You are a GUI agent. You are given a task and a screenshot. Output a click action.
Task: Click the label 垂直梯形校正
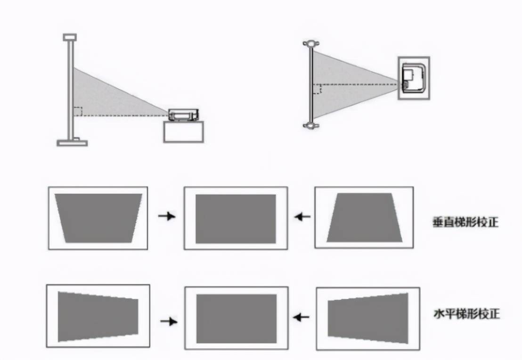coord(465,222)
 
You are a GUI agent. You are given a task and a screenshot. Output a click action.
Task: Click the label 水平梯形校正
coord(466,313)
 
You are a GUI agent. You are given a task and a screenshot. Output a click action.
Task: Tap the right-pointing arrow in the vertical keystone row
coord(166,216)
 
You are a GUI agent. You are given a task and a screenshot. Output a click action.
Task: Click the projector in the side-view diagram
coord(184,115)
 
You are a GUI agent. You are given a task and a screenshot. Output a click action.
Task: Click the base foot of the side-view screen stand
coord(72,142)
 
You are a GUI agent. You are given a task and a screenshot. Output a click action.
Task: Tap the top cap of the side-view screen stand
coord(69,37)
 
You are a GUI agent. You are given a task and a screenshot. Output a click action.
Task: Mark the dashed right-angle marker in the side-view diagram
coord(78,111)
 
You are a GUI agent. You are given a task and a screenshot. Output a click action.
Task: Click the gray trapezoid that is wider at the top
coord(98,218)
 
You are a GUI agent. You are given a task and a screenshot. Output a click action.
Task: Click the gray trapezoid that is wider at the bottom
coord(364,217)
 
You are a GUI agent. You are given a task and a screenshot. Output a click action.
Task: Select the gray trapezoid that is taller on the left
coord(98,316)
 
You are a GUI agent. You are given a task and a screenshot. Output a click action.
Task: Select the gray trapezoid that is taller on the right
coord(368,317)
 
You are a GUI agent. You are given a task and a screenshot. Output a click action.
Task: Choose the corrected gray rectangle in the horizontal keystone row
coord(236,319)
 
